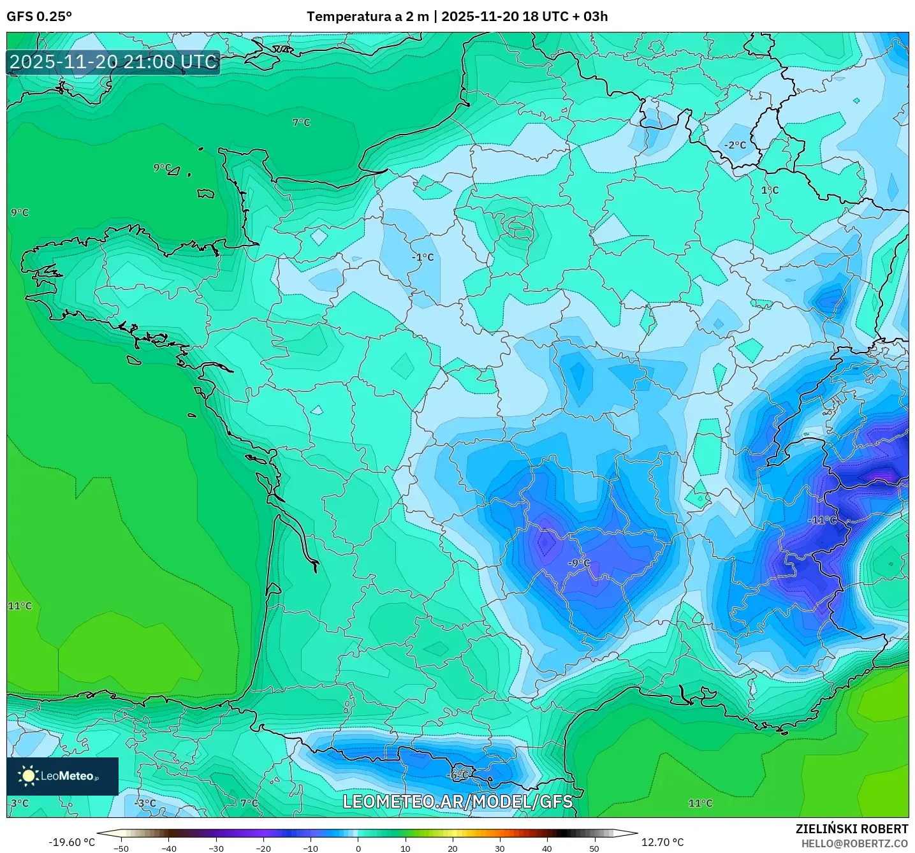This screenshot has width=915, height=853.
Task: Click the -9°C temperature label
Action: coord(579,563)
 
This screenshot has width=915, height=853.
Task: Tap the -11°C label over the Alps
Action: coord(822,520)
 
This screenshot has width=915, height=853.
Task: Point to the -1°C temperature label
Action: coord(423,258)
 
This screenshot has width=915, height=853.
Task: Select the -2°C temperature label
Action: coord(735,145)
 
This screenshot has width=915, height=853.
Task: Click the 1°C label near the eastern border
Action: coord(770,191)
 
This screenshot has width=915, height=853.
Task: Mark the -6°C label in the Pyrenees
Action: coord(458,775)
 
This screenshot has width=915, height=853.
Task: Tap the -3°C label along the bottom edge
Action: coord(146,803)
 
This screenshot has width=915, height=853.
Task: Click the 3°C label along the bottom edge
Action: coord(20,803)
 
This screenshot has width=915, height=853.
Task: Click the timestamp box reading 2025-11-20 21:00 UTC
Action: coord(113,62)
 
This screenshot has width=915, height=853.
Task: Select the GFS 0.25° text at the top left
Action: coord(39,17)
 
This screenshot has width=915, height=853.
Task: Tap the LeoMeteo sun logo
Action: coord(29,776)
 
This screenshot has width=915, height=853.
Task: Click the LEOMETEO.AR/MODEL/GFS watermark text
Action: coord(457,801)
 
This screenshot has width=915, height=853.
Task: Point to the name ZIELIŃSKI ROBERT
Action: coord(851,829)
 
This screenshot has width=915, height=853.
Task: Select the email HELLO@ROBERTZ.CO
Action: coord(854,843)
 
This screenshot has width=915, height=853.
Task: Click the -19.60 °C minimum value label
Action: coord(71,842)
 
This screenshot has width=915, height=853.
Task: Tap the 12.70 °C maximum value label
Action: coord(662,842)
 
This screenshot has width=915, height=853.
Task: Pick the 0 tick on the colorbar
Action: coord(358,849)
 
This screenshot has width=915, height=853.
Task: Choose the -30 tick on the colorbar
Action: coord(216,849)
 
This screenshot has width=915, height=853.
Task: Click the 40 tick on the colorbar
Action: coord(546,849)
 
